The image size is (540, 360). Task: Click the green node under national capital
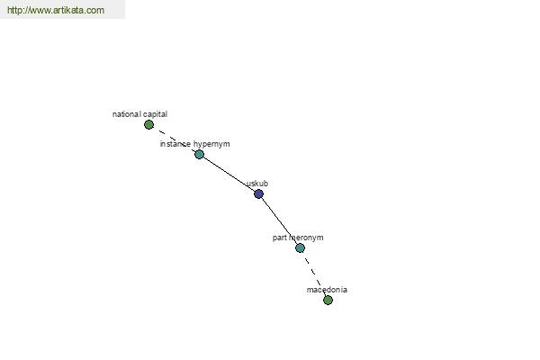(x=148, y=125)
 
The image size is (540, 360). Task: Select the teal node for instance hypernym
(x=200, y=154)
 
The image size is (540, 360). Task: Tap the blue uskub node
(x=258, y=194)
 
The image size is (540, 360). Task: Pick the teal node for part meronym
(x=300, y=247)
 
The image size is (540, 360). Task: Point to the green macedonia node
(x=328, y=300)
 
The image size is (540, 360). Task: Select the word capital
(x=155, y=114)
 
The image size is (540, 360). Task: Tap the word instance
(x=175, y=144)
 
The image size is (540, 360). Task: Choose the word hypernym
(x=211, y=144)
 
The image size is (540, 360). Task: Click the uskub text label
(x=257, y=184)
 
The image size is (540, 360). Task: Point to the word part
(x=280, y=238)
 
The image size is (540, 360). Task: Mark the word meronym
(x=306, y=238)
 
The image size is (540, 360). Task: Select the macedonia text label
(x=327, y=290)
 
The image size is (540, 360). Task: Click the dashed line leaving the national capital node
(x=174, y=139)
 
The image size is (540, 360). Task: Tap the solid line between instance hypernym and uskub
(x=229, y=174)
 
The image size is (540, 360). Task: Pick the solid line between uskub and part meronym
(x=281, y=220)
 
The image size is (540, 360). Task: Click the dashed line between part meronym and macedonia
(x=314, y=274)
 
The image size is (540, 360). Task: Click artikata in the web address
(x=68, y=10)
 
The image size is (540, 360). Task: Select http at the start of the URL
(x=14, y=10)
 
